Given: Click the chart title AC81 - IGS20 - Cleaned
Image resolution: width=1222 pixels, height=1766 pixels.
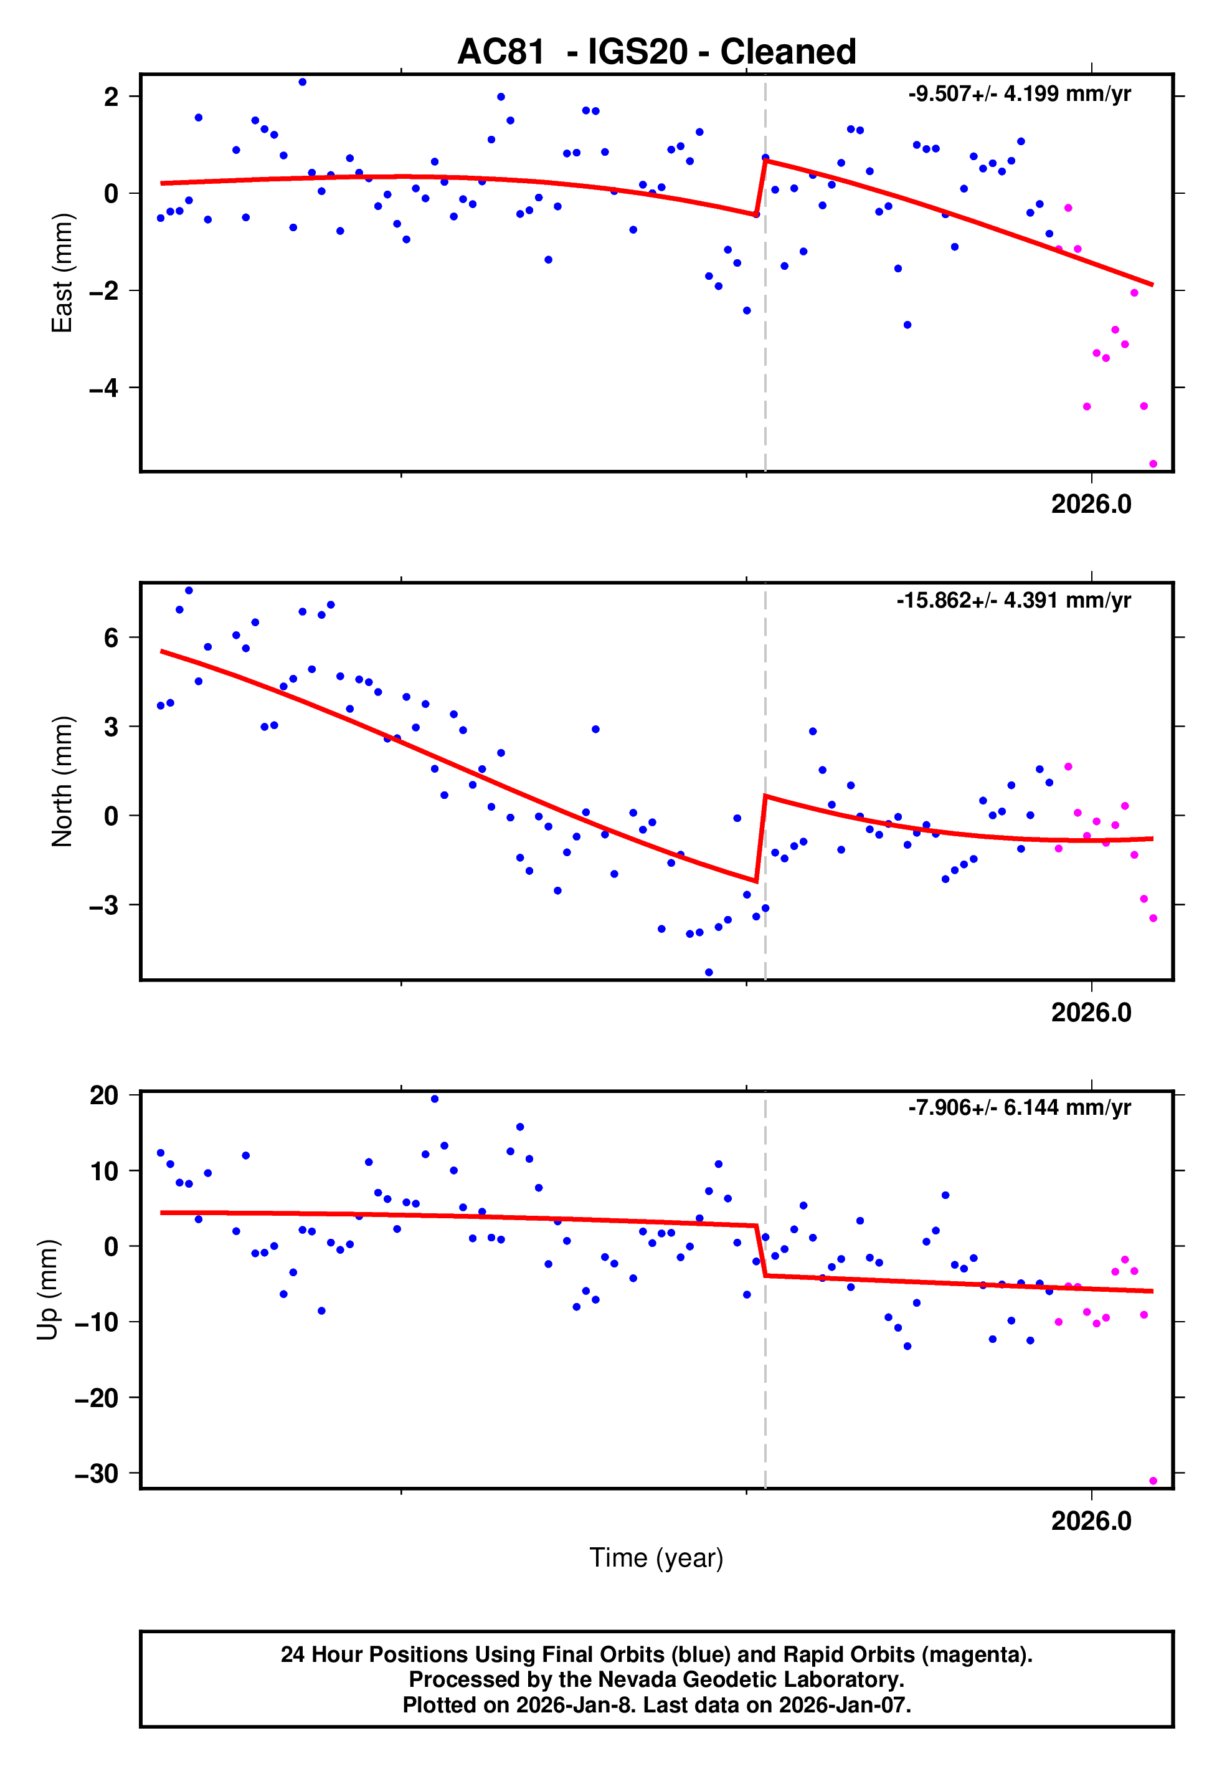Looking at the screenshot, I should click(656, 52).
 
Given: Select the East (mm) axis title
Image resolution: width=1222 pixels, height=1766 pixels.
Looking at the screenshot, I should click(61, 273).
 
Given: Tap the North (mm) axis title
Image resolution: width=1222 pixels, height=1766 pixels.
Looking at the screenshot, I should click(61, 781).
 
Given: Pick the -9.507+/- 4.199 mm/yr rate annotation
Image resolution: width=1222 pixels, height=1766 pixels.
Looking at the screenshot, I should click(1019, 94).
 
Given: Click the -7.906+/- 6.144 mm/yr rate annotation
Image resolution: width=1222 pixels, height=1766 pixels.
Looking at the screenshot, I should click(1019, 1107).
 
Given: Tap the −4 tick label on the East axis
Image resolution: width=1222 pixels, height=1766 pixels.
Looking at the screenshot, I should click(104, 388).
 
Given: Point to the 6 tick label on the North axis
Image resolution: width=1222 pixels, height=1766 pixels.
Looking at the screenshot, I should click(111, 638).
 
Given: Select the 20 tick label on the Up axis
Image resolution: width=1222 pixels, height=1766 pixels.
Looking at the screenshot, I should click(104, 1095).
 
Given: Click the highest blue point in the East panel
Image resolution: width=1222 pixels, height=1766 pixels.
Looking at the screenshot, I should click(303, 82).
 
